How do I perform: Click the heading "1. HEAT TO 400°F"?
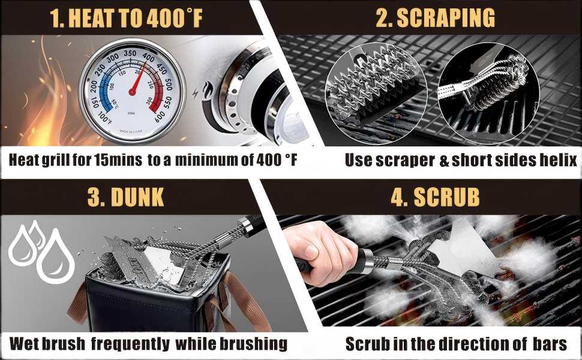126,18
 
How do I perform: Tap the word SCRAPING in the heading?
446,17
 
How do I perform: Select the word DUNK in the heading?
137,197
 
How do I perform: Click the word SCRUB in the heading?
446,197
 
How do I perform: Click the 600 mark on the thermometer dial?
160,116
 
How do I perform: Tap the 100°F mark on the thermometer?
105,118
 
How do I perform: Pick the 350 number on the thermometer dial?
130,53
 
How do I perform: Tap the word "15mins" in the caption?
118,160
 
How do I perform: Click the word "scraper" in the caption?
405,161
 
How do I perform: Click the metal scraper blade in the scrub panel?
464,248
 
